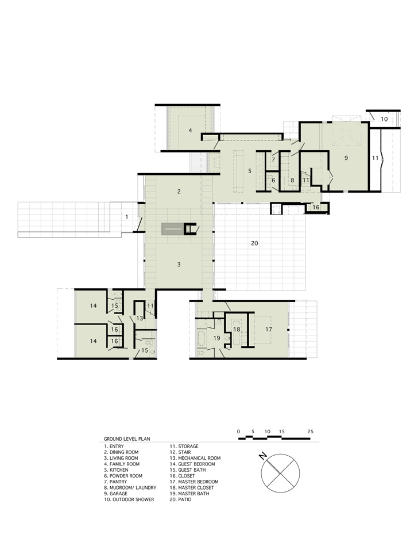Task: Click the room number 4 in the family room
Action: tap(189, 131)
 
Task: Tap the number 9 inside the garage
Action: tap(346, 157)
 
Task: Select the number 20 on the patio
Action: tap(255, 243)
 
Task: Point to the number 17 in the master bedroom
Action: tap(268, 329)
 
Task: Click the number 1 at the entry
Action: tap(127, 216)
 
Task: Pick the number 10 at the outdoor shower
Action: tap(384, 119)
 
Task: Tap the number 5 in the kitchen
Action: tap(250, 171)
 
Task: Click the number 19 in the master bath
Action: tap(217, 338)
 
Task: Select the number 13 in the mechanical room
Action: tap(140, 318)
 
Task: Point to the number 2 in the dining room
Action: tap(179, 191)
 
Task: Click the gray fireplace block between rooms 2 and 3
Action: tap(172, 229)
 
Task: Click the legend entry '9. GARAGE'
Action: tap(119, 493)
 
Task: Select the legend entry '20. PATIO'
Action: tap(180, 499)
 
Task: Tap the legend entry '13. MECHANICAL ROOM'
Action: tap(195, 458)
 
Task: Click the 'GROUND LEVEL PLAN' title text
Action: tap(127, 438)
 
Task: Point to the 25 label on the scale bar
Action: tap(310, 431)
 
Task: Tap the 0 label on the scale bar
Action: tap(238, 431)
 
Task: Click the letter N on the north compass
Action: tap(261, 456)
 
